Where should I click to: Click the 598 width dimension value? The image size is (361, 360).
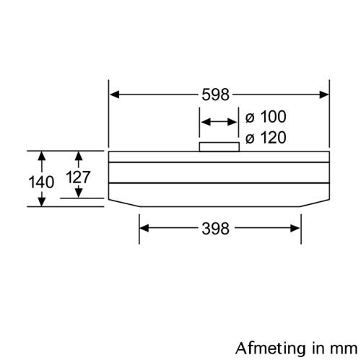tap(215, 95)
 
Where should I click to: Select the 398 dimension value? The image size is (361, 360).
tap(215, 229)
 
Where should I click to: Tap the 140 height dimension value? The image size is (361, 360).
tap(41, 182)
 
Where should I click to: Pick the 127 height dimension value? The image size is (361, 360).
tap(78, 177)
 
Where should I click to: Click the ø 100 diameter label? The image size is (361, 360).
tap(266, 117)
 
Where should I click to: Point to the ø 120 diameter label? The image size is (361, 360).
tap(266, 138)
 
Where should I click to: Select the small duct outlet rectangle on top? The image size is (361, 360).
tap(219, 147)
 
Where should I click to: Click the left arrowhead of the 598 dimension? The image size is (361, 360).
tap(114, 95)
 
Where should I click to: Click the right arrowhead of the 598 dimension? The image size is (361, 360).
tap(324, 95)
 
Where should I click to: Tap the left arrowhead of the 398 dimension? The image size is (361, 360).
tap(144, 228)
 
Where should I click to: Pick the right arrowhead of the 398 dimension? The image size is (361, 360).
tap(295, 228)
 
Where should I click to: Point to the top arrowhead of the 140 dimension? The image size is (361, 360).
tap(42, 156)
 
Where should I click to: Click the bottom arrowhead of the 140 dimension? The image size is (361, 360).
tap(42, 201)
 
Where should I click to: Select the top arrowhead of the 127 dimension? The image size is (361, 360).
tap(79, 156)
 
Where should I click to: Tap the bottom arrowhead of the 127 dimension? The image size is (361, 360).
tap(79, 193)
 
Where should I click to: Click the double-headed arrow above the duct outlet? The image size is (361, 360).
tap(219, 122)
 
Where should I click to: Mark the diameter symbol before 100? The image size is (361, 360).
tap(250, 118)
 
